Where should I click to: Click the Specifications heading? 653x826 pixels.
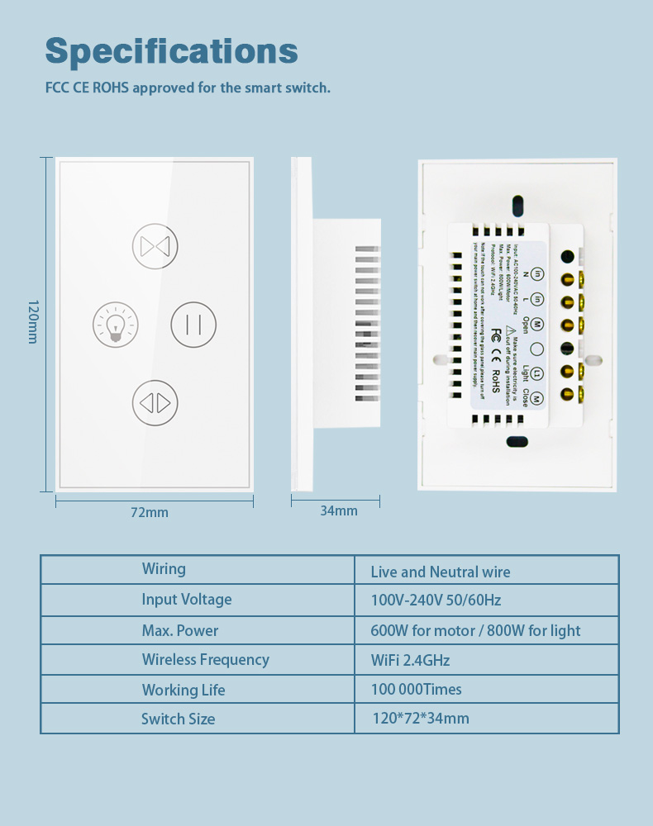click(171, 50)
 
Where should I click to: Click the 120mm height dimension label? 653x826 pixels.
click(32, 321)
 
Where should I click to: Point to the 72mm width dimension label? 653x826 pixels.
click(149, 512)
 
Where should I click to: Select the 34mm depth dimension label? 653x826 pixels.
click(339, 510)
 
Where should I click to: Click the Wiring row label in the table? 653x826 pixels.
click(164, 568)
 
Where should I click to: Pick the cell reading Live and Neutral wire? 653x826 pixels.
click(441, 572)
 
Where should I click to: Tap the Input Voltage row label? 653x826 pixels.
click(186, 599)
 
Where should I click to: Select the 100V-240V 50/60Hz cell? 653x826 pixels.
click(436, 600)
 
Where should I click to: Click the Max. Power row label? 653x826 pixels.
click(179, 630)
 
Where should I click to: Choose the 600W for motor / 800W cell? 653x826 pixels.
click(475, 630)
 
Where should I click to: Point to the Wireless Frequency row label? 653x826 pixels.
click(205, 659)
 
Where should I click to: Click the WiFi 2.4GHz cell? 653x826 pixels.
click(411, 660)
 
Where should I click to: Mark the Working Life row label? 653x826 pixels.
click(183, 690)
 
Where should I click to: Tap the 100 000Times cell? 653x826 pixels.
click(417, 689)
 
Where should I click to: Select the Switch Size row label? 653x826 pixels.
click(178, 719)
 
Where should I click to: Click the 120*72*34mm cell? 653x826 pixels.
click(421, 718)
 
